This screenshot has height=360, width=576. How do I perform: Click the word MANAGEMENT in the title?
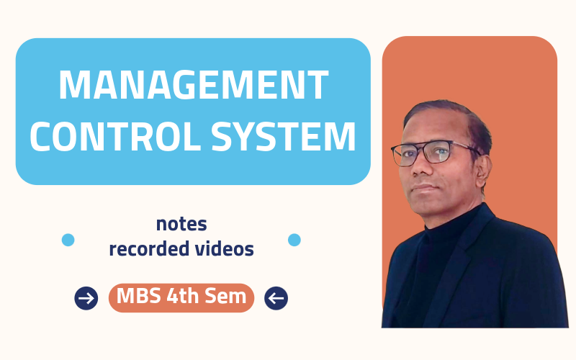click(193, 85)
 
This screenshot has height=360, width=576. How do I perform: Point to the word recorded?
click(149, 249)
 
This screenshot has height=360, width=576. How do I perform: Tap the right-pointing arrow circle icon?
click(86, 298)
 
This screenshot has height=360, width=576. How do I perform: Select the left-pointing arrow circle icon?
click(276, 298)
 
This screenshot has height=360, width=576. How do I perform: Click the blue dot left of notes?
click(68, 240)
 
